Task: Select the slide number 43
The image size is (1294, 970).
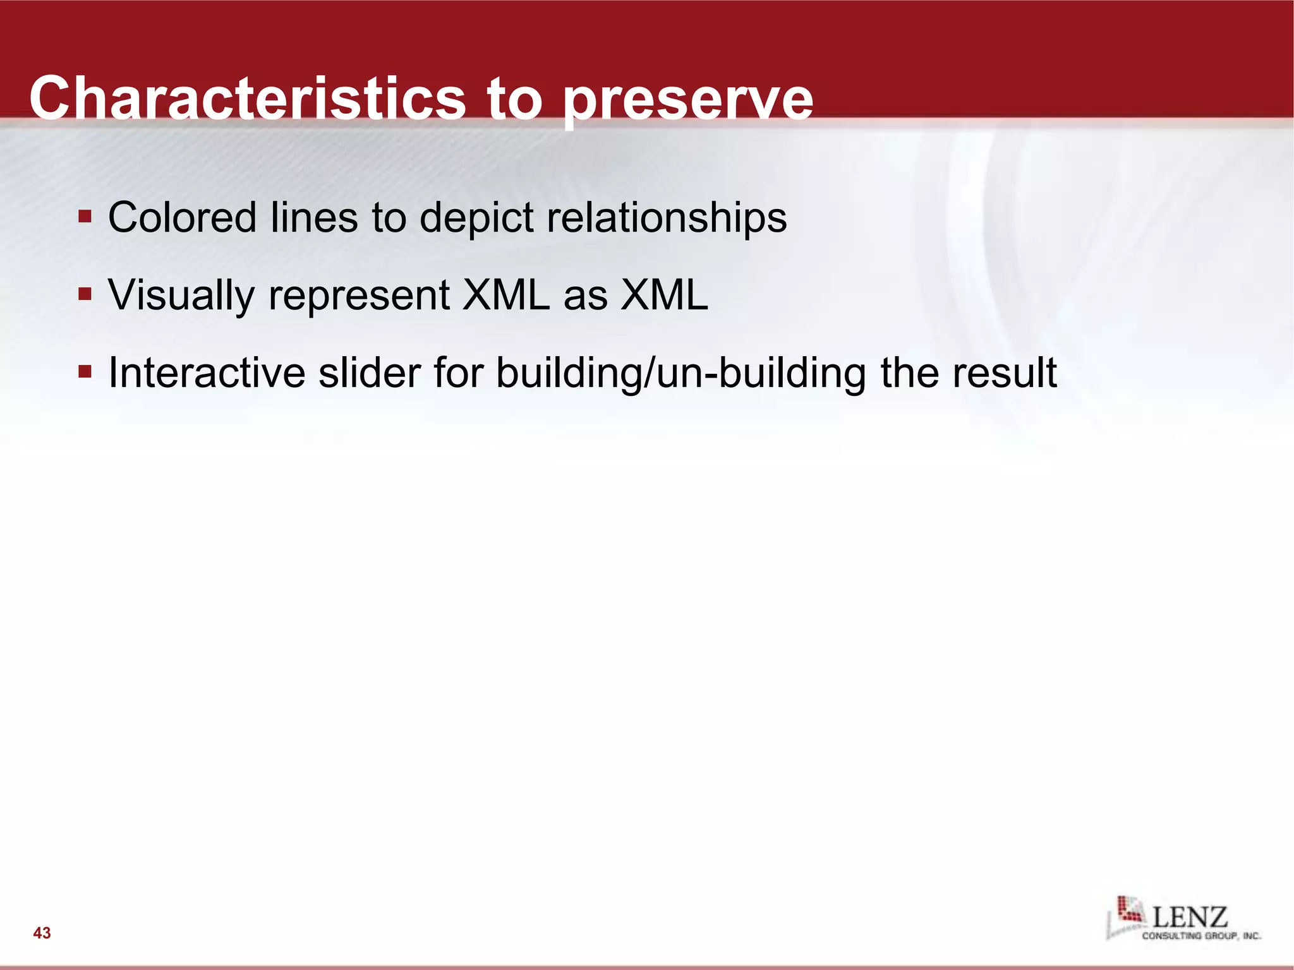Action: click(x=42, y=933)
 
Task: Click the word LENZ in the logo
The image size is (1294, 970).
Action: click(x=1190, y=917)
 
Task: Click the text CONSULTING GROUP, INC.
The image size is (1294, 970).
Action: click(x=1200, y=936)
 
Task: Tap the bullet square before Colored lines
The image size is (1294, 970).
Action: click(x=85, y=217)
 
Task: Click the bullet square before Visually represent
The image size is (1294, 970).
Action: click(x=85, y=294)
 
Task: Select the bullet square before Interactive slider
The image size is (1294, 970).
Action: click(x=85, y=371)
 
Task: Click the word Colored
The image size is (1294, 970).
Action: click(x=182, y=218)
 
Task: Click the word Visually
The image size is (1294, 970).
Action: click(x=181, y=296)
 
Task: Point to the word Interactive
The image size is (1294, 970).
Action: click(x=207, y=373)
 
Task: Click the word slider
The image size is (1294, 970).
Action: click(x=369, y=373)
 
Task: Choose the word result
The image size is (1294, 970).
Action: click(x=1004, y=373)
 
